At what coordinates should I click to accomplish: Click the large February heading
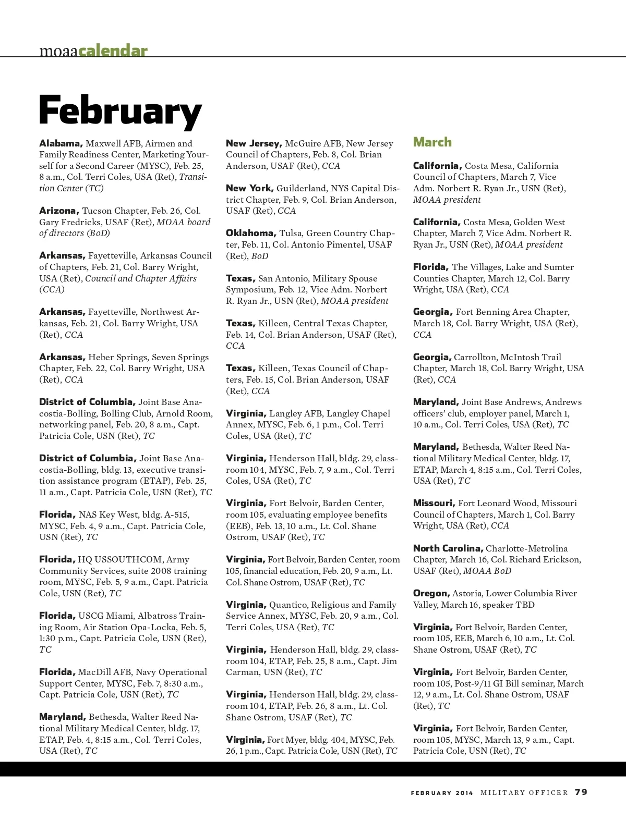tap(120, 111)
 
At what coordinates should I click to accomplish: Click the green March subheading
tap(432, 142)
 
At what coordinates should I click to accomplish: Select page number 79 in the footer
tap(581, 792)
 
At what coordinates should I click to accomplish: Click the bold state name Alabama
tap(61, 143)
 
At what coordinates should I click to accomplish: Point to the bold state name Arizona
tap(59, 211)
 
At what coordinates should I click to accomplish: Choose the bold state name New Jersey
tap(254, 143)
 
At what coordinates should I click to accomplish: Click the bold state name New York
tap(249, 188)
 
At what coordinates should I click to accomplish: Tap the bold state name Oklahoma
tap(250, 233)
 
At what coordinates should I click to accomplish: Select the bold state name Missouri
tap(434, 503)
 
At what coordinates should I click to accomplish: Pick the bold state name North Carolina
tap(448, 548)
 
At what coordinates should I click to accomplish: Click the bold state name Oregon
tap(431, 593)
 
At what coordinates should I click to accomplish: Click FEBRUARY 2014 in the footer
tap(442, 793)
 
